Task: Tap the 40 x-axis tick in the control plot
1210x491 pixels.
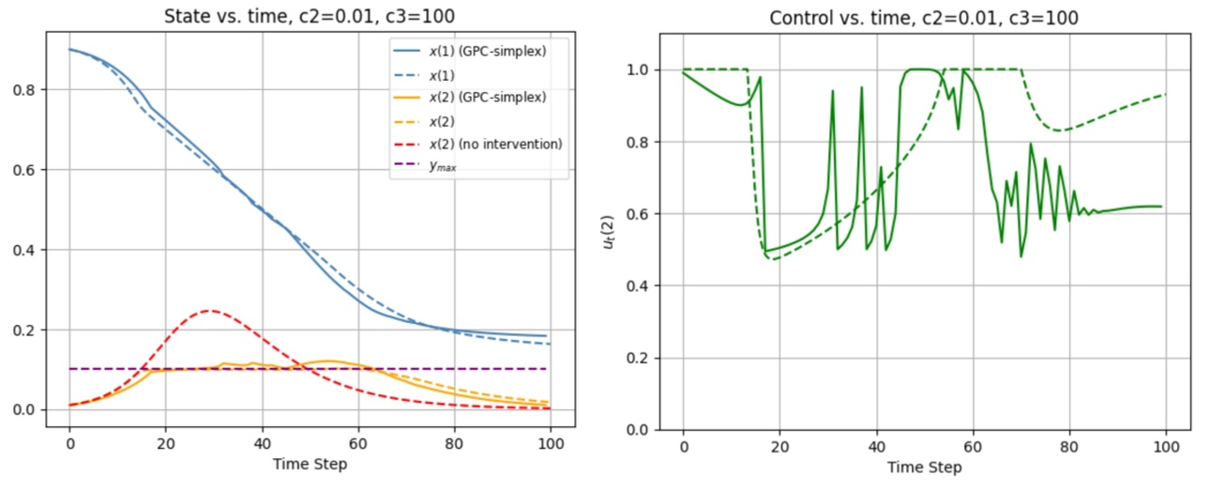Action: coord(876,446)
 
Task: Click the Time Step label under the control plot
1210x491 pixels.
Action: coord(925,467)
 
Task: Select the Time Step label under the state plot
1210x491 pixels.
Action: coord(310,464)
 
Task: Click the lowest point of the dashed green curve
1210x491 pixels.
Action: coord(775,259)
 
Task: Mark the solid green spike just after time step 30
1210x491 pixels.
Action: coord(832,91)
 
